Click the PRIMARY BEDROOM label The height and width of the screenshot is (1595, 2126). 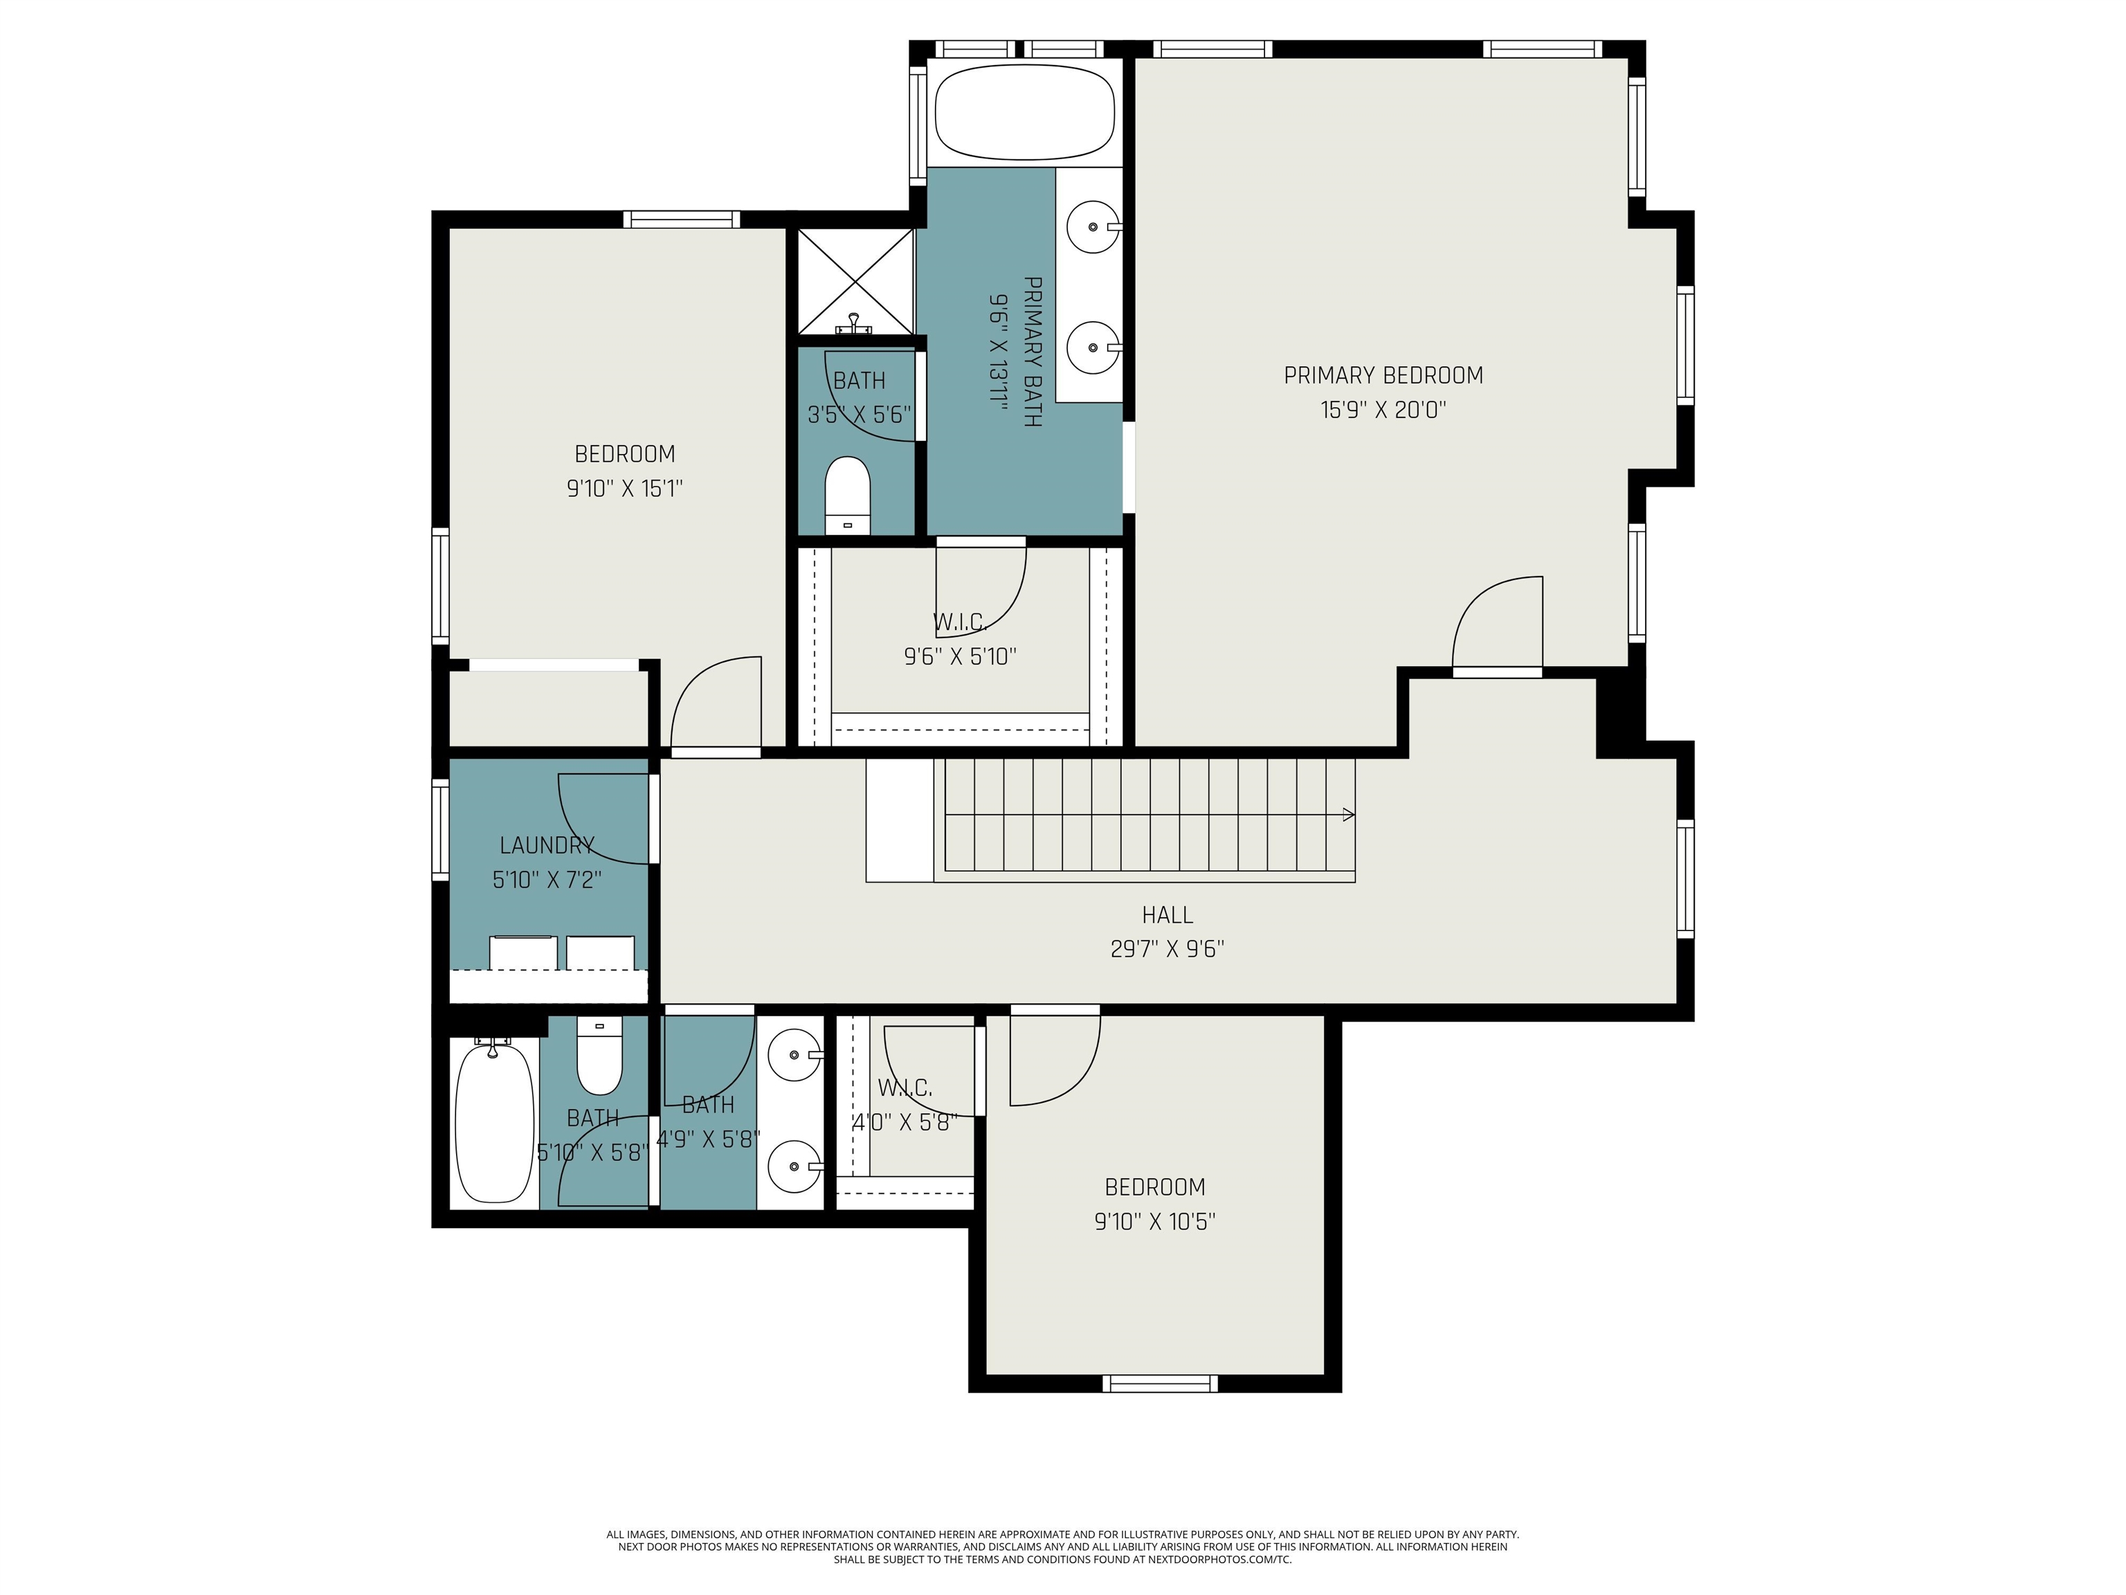pyautogui.click(x=1382, y=375)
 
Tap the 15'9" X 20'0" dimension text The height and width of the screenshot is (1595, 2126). pyautogui.click(x=1382, y=411)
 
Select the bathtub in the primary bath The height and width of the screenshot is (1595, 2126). pyautogui.click(x=1024, y=112)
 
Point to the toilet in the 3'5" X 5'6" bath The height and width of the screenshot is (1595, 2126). pyautogui.click(x=847, y=494)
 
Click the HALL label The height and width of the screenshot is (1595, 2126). pyautogui.click(x=1167, y=914)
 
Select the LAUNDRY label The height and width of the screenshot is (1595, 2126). pyautogui.click(x=546, y=845)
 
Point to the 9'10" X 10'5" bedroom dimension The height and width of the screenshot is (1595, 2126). pyautogui.click(x=1154, y=1221)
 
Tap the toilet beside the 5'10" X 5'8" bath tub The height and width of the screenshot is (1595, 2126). pyautogui.click(x=599, y=1058)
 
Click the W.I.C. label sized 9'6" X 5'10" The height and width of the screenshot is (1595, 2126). pyautogui.click(x=959, y=622)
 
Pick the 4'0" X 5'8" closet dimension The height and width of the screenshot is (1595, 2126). pyautogui.click(x=905, y=1122)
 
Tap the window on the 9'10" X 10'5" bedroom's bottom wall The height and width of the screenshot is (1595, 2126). pyautogui.click(x=1159, y=1383)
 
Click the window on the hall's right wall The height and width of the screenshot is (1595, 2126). pyautogui.click(x=1685, y=878)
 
